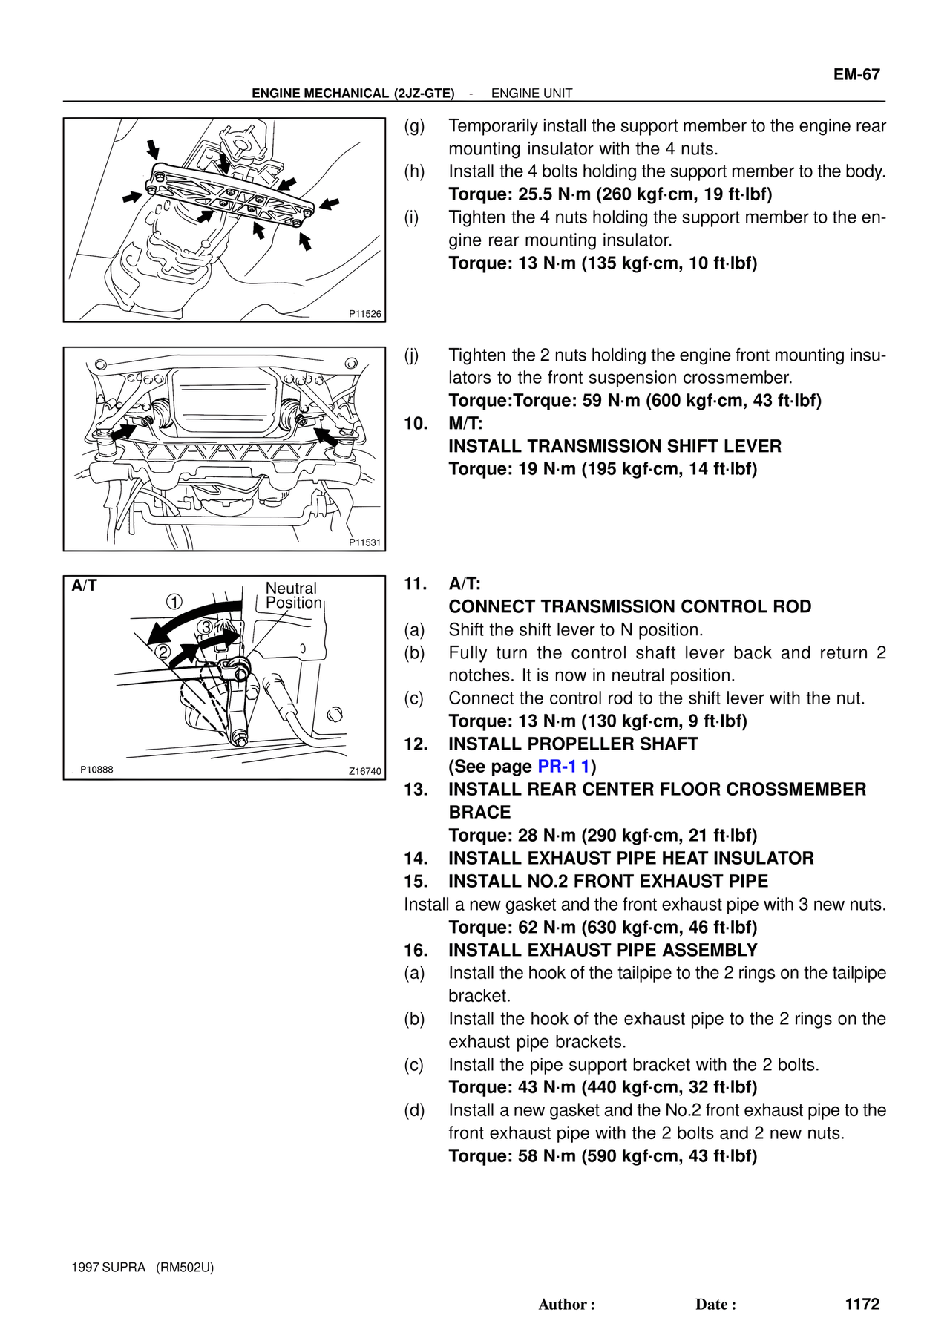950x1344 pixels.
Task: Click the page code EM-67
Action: click(856, 74)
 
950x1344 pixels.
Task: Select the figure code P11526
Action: click(364, 314)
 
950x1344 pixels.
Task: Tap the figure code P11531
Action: click(364, 542)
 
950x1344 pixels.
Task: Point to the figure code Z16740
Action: click(364, 771)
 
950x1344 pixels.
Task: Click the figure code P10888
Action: click(96, 770)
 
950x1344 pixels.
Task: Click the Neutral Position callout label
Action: click(293, 595)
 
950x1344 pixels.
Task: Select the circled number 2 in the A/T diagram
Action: click(163, 652)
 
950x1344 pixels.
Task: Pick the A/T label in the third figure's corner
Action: click(84, 586)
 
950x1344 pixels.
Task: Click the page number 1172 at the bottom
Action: click(862, 1304)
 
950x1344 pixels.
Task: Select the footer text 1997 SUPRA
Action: click(108, 1267)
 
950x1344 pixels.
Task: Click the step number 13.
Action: click(416, 789)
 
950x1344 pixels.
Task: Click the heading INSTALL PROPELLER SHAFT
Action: click(573, 744)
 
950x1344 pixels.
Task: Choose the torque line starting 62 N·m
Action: click(603, 927)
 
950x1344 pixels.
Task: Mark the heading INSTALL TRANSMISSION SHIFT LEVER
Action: click(615, 446)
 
